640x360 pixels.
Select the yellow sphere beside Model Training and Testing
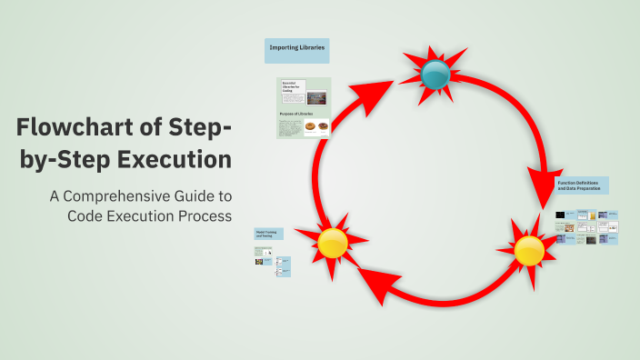(x=333, y=243)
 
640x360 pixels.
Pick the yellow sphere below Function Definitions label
(x=529, y=250)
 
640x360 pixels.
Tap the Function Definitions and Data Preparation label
(x=582, y=185)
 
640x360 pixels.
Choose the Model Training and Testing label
(x=269, y=234)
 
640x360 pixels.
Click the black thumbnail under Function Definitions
(x=561, y=215)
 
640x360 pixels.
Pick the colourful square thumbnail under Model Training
(x=259, y=261)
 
